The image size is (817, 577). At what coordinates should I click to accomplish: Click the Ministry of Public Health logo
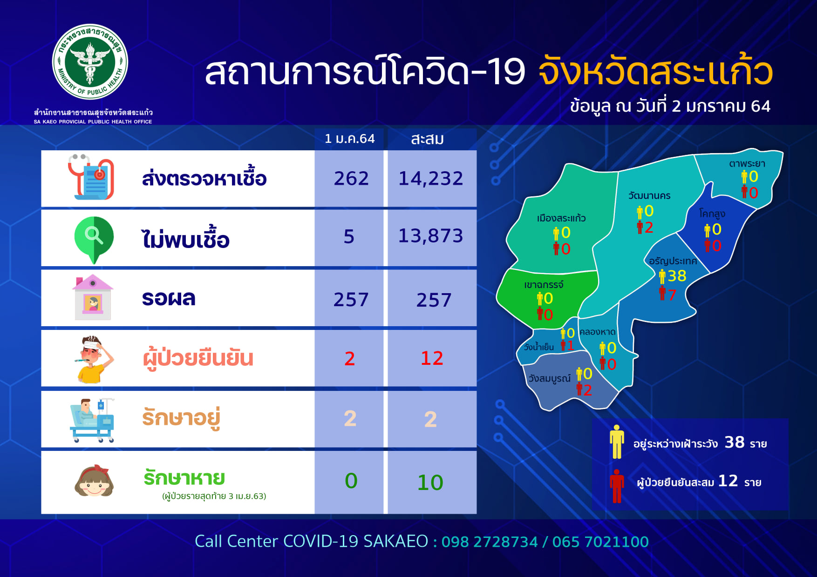90,61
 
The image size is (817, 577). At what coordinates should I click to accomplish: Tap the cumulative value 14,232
431,178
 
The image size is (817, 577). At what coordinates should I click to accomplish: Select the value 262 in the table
351,178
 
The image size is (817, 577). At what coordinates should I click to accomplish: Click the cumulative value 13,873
431,236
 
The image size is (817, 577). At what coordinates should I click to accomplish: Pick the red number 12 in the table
432,358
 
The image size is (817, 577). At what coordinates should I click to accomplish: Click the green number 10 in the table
430,483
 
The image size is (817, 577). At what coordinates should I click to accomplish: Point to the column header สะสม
428,139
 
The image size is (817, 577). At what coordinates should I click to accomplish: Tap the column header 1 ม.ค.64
349,139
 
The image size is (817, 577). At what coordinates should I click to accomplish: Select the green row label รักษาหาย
184,478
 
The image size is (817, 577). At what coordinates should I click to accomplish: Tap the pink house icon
93,297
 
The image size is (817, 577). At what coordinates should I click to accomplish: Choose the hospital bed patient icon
92,420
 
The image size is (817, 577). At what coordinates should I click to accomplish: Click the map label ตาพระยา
747,164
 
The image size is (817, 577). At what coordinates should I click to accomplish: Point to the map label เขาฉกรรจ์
544,285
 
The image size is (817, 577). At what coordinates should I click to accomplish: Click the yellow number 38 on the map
677,276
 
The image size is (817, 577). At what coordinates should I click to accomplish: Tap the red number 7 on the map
672,295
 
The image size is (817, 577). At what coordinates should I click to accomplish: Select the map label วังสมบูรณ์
549,378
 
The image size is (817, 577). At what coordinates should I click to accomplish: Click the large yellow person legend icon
617,441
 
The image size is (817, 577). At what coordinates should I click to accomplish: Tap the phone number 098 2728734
490,542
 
